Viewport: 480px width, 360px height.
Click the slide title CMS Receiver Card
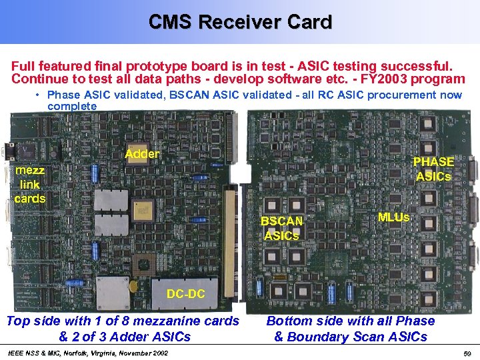pos(240,22)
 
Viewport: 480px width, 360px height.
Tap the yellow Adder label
pos(142,154)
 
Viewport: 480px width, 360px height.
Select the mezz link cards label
pos(29,185)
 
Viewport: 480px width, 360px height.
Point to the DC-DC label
pos(186,294)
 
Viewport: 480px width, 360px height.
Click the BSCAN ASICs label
pos(282,228)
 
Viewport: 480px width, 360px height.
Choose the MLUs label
pos(393,217)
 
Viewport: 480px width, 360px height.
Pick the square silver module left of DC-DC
pos(113,293)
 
